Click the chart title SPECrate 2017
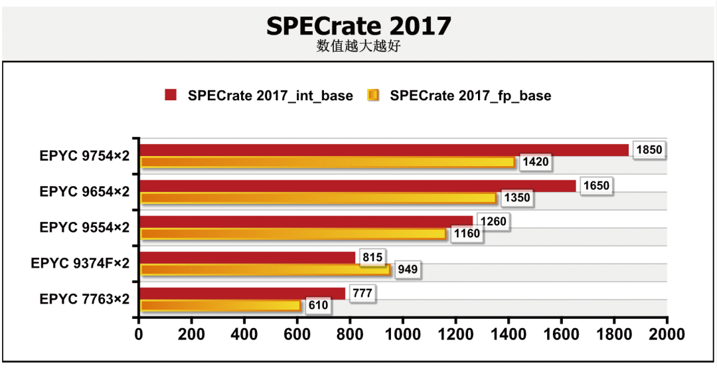pos(358,26)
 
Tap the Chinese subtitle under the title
pos(358,46)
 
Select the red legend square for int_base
pos(171,96)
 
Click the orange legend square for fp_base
pos(373,96)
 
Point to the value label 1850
pos(649,150)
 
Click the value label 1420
pos(535,163)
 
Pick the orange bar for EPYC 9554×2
pos(293,234)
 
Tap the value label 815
pos(373,258)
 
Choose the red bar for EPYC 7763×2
pos(242,294)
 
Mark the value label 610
pos(319,306)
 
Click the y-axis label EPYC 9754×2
pos(84,155)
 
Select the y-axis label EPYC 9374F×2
pos(80,264)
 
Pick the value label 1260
pos(493,222)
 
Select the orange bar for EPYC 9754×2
pos(327,163)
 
